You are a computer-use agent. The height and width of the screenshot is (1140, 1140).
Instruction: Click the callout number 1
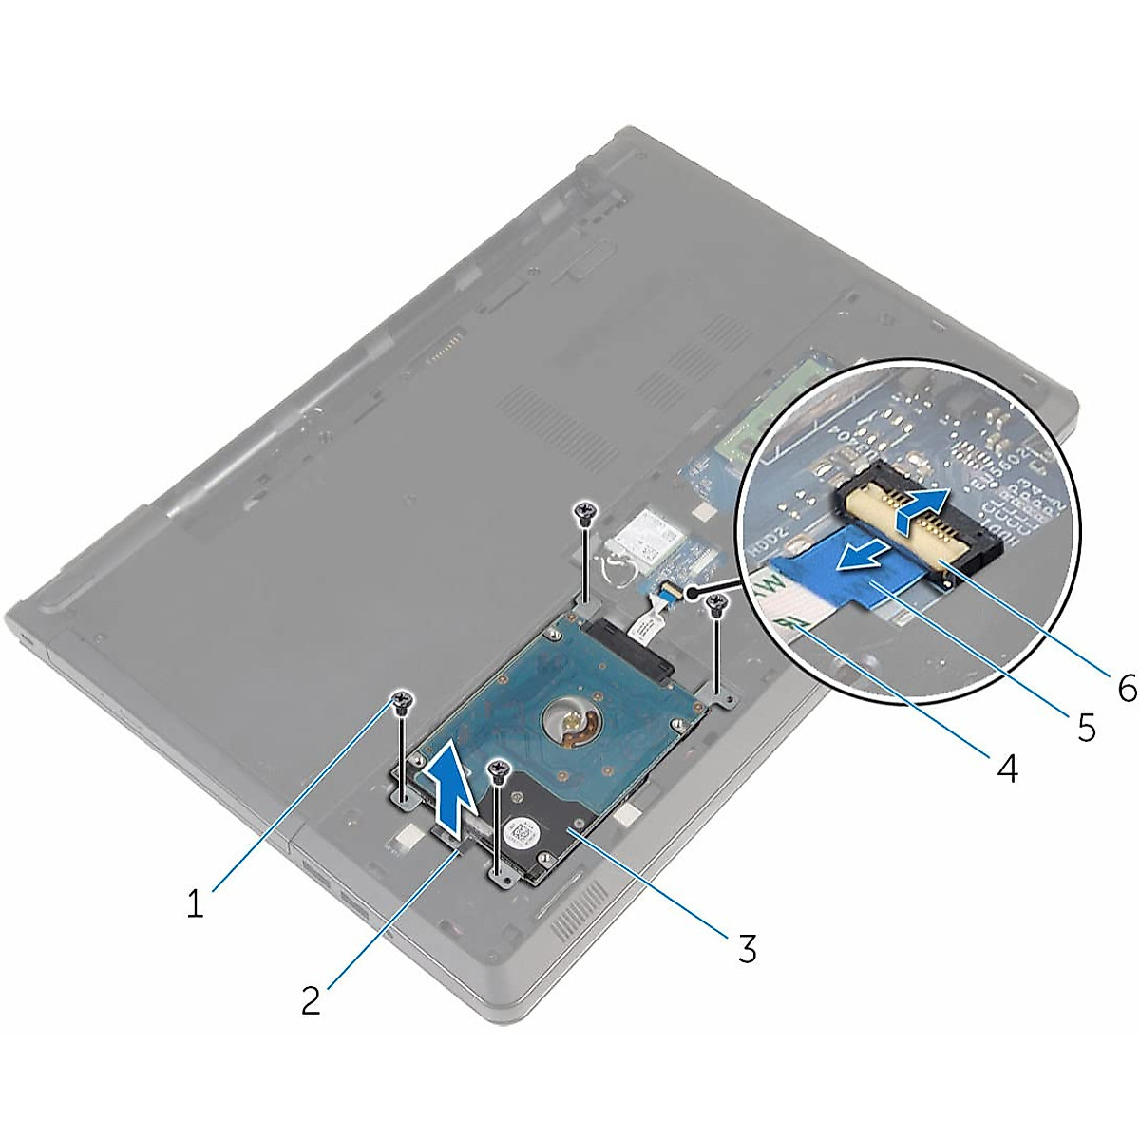coord(195,904)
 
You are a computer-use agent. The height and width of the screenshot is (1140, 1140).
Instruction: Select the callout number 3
coord(747,947)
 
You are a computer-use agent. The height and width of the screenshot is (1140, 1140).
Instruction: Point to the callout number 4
coord(1007,768)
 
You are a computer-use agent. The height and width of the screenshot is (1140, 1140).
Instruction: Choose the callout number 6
coord(1127,688)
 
